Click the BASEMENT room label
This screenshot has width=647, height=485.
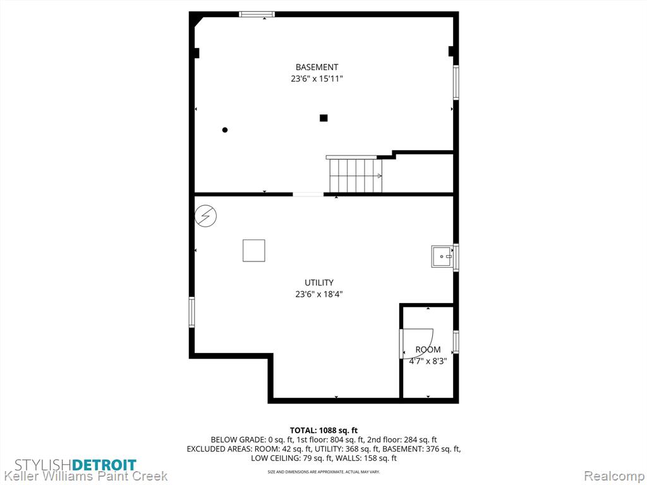317,67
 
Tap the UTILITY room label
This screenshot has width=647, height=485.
319,283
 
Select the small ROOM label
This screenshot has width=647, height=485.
428,350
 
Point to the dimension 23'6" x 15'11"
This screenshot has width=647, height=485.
317,79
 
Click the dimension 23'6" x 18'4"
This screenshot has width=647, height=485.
319,294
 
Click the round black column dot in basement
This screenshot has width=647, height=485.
225,130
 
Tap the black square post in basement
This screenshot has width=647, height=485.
323,118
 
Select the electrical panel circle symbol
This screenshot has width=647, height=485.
205,216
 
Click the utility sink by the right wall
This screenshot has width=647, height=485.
442,256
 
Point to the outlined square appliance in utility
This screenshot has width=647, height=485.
254,251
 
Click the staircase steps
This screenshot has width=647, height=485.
356,176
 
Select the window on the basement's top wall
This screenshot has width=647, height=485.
257,15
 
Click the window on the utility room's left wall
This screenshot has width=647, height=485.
192,312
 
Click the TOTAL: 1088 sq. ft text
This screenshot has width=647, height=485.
324,431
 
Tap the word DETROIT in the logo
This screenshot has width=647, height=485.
104,465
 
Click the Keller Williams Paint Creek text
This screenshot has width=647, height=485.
84,476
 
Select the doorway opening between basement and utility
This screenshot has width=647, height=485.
308,195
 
